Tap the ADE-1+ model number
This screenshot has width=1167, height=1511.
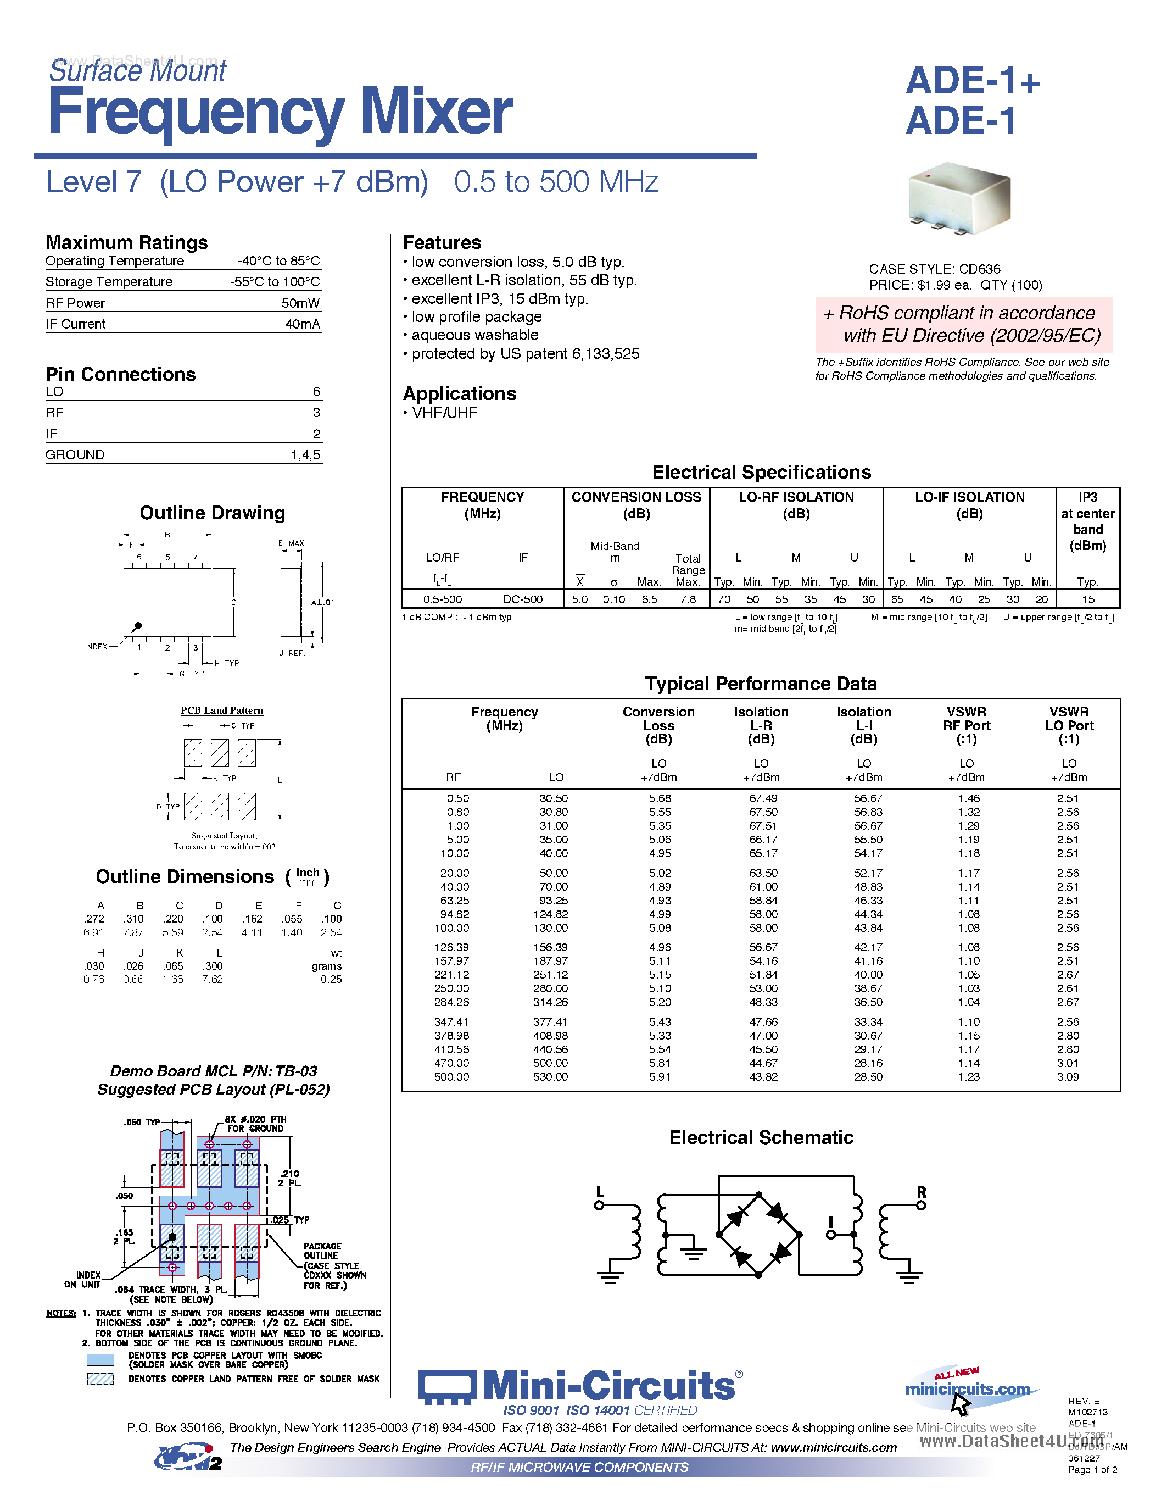[972, 81]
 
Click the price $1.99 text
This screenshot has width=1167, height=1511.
[940, 285]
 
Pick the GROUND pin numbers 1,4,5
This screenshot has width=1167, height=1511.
[305, 454]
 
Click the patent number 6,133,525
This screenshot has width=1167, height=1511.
[605, 353]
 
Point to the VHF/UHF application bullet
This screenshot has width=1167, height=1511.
[444, 413]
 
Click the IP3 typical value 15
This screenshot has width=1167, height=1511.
[1088, 599]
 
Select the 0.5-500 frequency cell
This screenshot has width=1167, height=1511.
[443, 599]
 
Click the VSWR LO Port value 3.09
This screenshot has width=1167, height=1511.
[1068, 1076]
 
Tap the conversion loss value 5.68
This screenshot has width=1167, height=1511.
[660, 798]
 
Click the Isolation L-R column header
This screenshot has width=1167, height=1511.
[761, 725]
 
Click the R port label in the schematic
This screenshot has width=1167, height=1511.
[921, 1191]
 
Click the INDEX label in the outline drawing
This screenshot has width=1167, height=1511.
[96, 647]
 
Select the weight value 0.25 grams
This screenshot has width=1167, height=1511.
[331, 979]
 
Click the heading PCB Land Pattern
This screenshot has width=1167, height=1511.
[221, 710]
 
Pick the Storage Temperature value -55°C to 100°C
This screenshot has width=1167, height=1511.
[275, 281]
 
